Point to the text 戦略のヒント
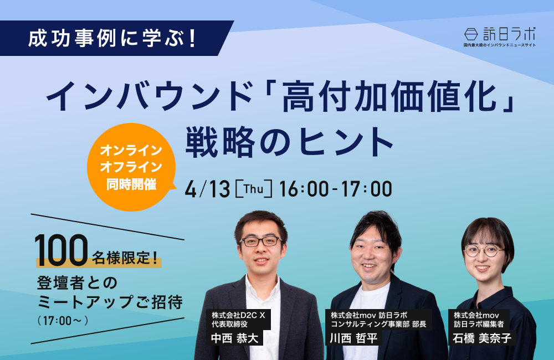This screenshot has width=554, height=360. (290, 142)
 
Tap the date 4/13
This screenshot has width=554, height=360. (207, 189)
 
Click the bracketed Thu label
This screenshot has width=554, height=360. (254, 189)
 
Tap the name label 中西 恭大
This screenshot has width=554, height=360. (234, 338)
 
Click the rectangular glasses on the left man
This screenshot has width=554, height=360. (261, 241)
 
